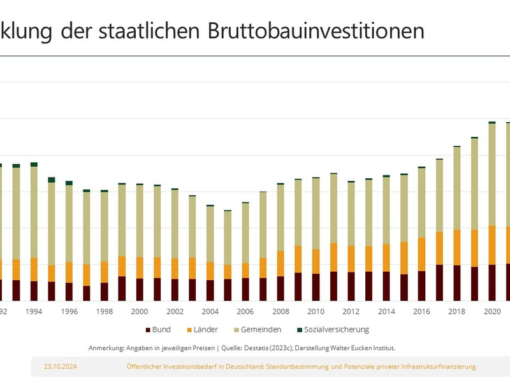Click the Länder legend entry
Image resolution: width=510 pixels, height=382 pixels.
point(204,329)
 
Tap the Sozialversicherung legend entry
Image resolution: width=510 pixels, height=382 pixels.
point(331,329)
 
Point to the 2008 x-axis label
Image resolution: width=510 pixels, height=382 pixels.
point(280,312)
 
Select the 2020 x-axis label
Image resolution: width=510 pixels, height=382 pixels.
point(492,312)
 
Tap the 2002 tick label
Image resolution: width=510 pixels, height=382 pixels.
point(175,312)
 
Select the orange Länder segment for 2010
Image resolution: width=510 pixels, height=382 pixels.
point(316,261)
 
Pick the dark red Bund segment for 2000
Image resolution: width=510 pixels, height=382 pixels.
point(139,289)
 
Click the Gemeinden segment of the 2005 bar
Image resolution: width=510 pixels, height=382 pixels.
point(228,237)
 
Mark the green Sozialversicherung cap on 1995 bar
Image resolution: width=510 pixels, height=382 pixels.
point(52,180)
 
